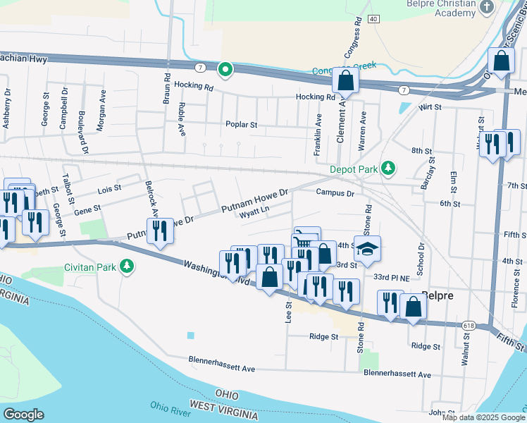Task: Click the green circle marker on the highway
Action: click(225, 69)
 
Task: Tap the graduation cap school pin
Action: click(366, 249)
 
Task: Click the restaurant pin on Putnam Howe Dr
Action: click(161, 231)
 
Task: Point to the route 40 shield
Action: click(373, 18)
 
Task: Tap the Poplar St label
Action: click(242, 124)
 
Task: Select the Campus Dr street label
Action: click(334, 192)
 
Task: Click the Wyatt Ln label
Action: click(254, 210)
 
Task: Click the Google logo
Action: click(23, 415)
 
